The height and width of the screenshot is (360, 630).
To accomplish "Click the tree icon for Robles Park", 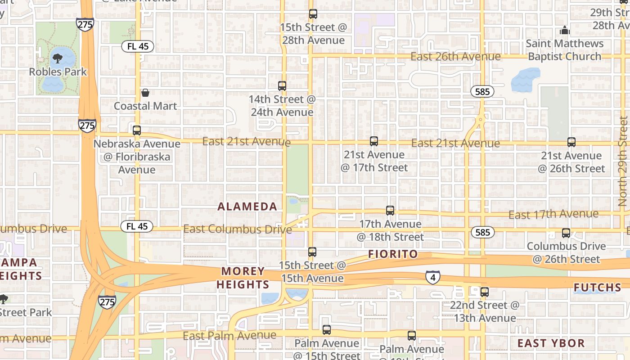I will point(58,58).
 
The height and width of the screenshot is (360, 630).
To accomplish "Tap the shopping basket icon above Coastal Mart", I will point(145,93).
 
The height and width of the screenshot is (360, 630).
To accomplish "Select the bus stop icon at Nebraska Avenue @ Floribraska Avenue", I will point(137,130).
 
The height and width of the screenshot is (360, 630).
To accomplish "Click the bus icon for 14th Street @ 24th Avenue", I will point(282,85).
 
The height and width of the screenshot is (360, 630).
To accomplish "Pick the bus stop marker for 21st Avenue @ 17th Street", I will point(374,141).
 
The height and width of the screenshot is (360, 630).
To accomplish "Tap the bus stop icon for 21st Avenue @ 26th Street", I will point(571,142).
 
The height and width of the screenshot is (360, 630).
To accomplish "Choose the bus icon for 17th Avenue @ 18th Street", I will point(390,211).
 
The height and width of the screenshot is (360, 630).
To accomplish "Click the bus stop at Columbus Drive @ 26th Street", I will point(566,233).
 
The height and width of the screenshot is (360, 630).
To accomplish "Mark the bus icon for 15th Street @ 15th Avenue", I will point(312,252).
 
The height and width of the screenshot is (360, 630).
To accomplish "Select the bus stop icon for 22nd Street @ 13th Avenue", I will point(485,292).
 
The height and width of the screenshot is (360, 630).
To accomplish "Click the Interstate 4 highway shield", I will point(433,278).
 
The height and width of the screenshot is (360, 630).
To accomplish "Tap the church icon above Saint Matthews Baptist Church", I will point(564,31).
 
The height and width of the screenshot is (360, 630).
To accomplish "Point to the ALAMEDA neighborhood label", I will point(247,207).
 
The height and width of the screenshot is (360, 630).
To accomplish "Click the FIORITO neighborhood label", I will point(393,254).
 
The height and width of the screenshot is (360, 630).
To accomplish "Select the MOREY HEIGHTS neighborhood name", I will point(243,278).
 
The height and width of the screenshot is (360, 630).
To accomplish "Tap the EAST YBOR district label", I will point(551,343).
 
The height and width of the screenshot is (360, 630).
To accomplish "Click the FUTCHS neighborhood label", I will point(598,287).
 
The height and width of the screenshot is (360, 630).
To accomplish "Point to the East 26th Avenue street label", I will point(455,56).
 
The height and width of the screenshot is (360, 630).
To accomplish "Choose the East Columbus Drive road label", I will point(238,229).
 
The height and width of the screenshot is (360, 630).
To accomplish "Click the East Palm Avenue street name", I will point(229,336).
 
